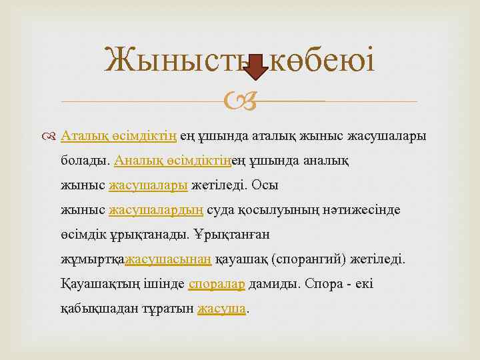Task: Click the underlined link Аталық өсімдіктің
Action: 119,136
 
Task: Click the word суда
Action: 219,209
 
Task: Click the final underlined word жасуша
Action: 222,308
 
